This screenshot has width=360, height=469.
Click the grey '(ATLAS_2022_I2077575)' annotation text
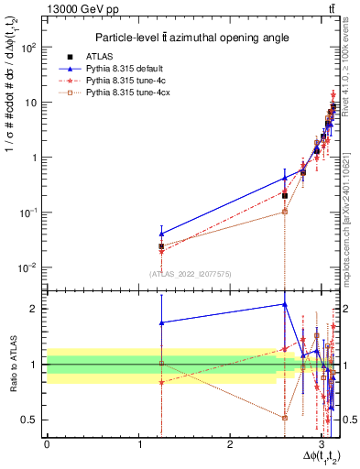tap(192, 274)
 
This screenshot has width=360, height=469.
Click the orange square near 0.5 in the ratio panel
tap(285, 418)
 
